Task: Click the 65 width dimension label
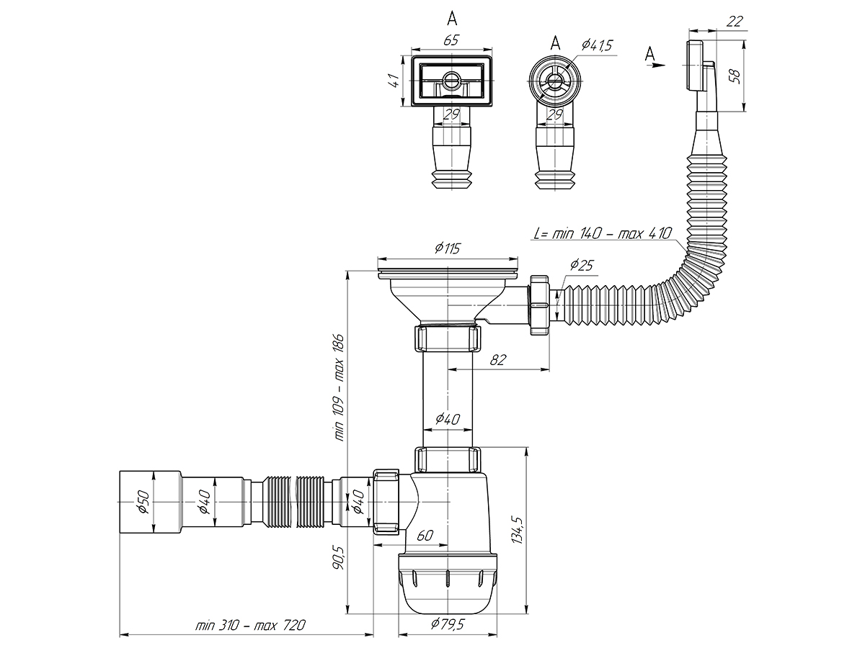click(451, 40)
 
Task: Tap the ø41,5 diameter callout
click(596, 45)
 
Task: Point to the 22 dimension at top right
click(735, 22)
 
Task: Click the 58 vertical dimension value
click(735, 75)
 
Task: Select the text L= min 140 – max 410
click(603, 233)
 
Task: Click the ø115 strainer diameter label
click(447, 248)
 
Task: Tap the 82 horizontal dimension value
click(497, 360)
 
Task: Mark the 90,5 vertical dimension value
click(340, 557)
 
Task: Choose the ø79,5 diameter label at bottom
click(446, 624)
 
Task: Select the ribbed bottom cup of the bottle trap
click(447, 583)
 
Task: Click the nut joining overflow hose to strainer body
click(539, 302)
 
